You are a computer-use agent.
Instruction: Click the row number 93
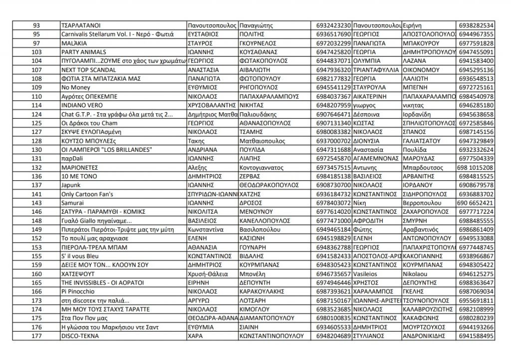pos(36,25)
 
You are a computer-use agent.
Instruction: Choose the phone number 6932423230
pos(333,25)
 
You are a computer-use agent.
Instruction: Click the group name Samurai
pos(70,203)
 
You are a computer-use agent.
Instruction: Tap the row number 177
pos(36,337)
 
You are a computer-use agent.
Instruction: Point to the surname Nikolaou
pos(417,274)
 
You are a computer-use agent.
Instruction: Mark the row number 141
pos(36,194)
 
